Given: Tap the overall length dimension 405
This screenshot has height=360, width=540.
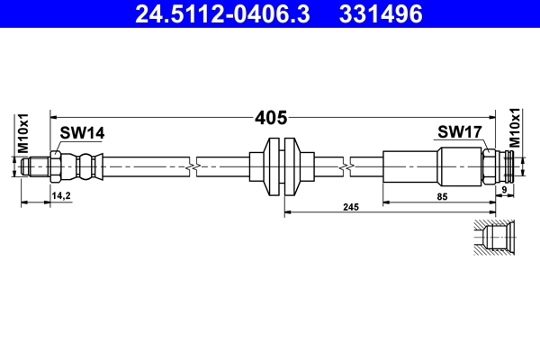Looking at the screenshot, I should (x=270, y=117).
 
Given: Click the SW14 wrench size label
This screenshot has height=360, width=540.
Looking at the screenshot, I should (x=82, y=133).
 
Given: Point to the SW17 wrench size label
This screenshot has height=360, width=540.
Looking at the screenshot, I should (x=460, y=133).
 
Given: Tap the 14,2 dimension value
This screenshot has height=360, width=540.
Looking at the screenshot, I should (x=61, y=194).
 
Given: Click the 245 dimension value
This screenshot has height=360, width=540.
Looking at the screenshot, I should (x=351, y=207).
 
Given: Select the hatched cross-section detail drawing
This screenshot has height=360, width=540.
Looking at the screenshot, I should (x=492, y=238).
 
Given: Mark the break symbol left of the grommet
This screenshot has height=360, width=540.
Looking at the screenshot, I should (x=193, y=166).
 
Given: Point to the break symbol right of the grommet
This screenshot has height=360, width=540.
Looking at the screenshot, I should (x=346, y=166).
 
